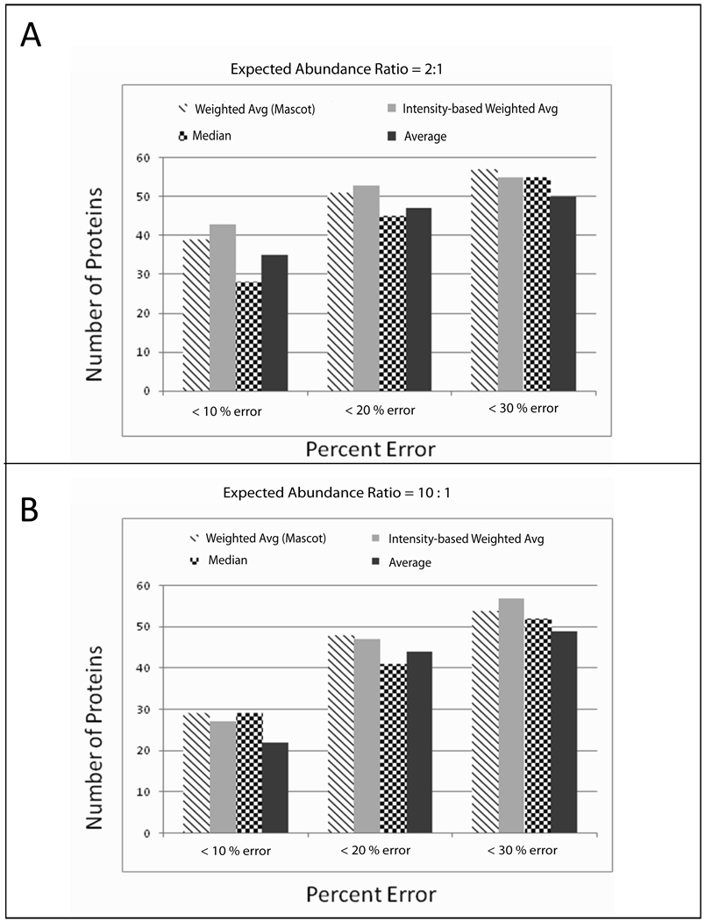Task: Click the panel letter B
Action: [x=30, y=510]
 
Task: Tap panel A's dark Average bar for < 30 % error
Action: [x=562, y=294]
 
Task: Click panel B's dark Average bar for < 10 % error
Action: [x=274, y=788]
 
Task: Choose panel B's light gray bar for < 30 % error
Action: [x=510, y=716]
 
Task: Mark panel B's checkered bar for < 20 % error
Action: [x=393, y=748]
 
